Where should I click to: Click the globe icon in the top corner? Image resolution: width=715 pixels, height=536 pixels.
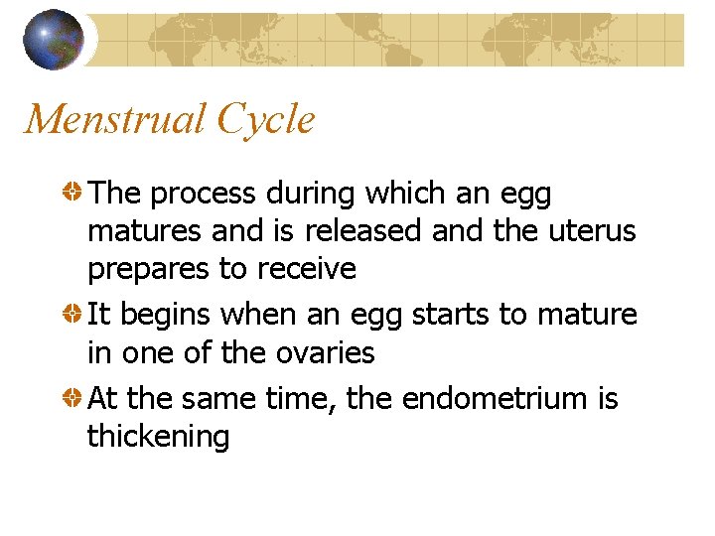(53, 39)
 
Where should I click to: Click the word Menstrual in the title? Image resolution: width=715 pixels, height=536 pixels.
(112, 120)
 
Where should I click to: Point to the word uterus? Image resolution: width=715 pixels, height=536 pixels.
(591, 231)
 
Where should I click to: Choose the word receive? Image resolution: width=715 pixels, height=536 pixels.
(306, 269)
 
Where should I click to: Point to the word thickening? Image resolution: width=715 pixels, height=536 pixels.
(159, 437)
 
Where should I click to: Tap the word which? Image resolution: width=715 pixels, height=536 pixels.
(407, 194)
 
